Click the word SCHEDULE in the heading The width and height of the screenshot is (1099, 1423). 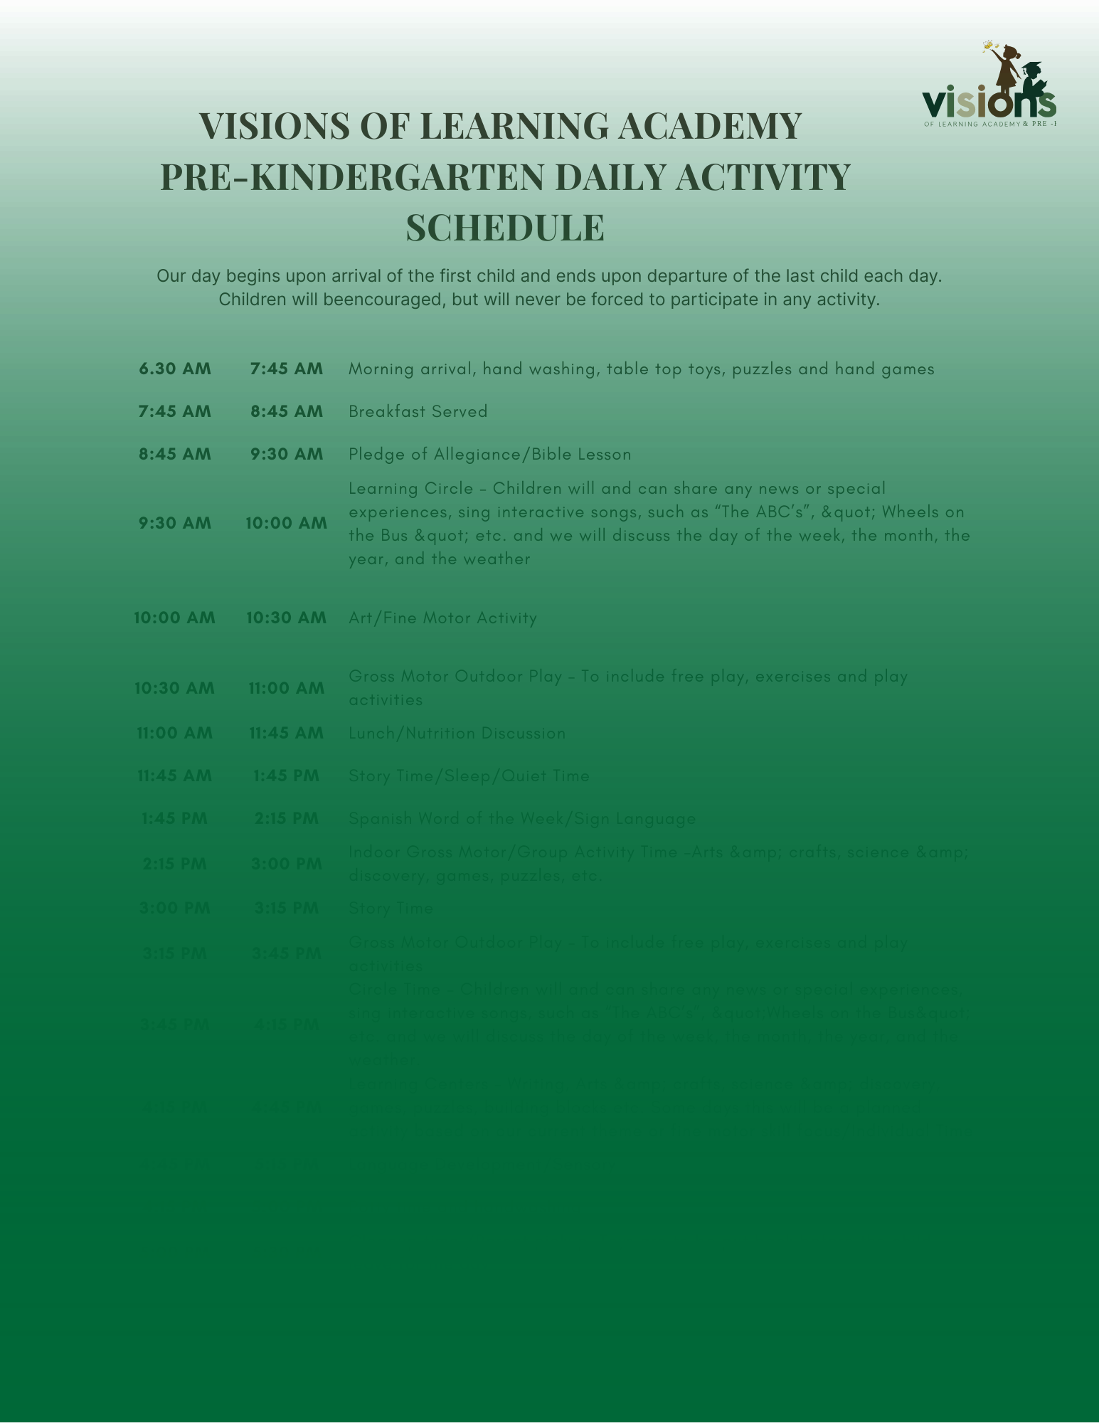click(505, 228)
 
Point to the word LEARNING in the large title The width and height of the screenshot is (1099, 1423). click(509, 126)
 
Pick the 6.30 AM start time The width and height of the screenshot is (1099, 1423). click(175, 369)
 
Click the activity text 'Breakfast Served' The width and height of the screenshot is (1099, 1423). click(418, 411)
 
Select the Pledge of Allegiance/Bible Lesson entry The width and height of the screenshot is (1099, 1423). click(490, 454)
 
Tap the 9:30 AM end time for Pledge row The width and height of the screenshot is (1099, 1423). click(287, 454)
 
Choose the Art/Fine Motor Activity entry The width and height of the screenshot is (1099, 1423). click(443, 618)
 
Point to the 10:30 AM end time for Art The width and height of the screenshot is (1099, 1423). click(287, 618)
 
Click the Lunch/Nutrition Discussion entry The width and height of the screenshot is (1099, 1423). click(457, 733)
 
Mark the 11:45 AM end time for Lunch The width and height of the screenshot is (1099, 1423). click(287, 733)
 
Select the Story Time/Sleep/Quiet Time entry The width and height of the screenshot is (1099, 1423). click(469, 776)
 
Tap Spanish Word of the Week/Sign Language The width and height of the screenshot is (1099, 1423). click(522, 818)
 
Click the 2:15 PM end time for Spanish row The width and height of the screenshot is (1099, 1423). click(287, 818)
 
